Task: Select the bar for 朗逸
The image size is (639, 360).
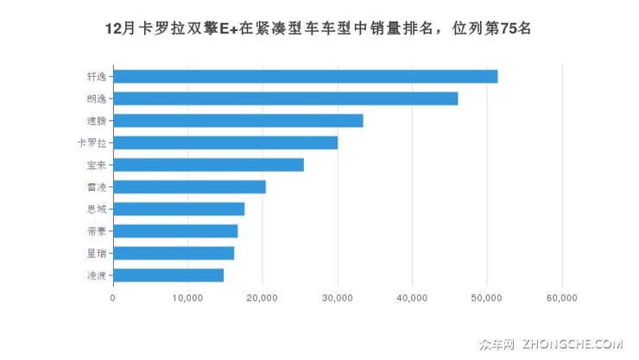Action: pos(285,98)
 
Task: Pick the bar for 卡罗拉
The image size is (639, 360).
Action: pos(225,142)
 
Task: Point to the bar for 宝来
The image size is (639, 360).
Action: pos(208,165)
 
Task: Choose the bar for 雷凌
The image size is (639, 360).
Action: pos(189,186)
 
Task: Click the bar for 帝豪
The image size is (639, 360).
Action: pos(175,231)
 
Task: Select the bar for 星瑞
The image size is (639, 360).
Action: pos(174,253)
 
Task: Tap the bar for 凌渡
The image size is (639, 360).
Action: pos(168,275)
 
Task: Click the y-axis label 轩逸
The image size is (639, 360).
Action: pos(96,76)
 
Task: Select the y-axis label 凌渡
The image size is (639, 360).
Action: pos(96,275)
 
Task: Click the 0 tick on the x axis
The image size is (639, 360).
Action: pos(113,298)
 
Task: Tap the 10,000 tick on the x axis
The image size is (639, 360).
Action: pos(187,298)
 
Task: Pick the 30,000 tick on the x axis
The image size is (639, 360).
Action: pos(338,298)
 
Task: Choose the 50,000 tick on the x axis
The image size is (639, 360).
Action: pos(487,298)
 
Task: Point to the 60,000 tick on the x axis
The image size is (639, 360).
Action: pos(562,298)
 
